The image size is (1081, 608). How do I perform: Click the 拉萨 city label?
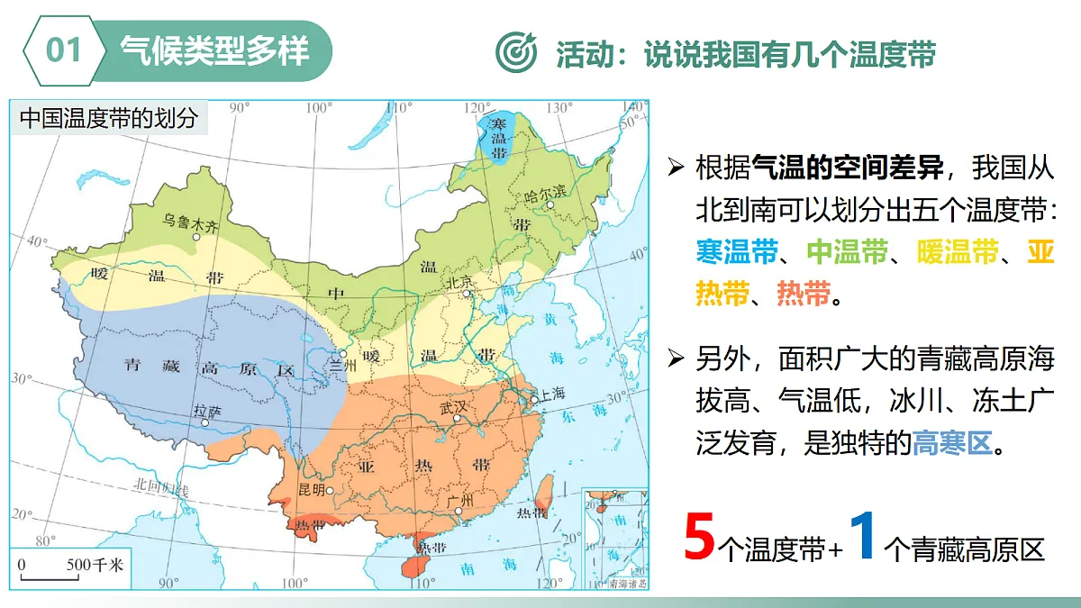(x=206, y=409)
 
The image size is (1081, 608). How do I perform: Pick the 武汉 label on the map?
(x=454, y=406)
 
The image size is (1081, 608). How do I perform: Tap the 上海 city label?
(x=553, y=394)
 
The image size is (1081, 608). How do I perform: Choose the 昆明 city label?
(x=311, y=489)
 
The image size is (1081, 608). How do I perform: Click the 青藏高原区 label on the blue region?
(x=209, y=368)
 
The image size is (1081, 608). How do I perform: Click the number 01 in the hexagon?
(x=64, y=50)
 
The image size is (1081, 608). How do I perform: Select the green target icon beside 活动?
(x=517, y=52)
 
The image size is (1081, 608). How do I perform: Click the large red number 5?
(x=700, y=538)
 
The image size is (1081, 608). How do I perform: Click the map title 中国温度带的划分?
(x=108, y=118)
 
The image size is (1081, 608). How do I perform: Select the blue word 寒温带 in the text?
(x=737, y=251)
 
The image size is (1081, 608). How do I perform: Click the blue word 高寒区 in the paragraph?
(x=951, y=442)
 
